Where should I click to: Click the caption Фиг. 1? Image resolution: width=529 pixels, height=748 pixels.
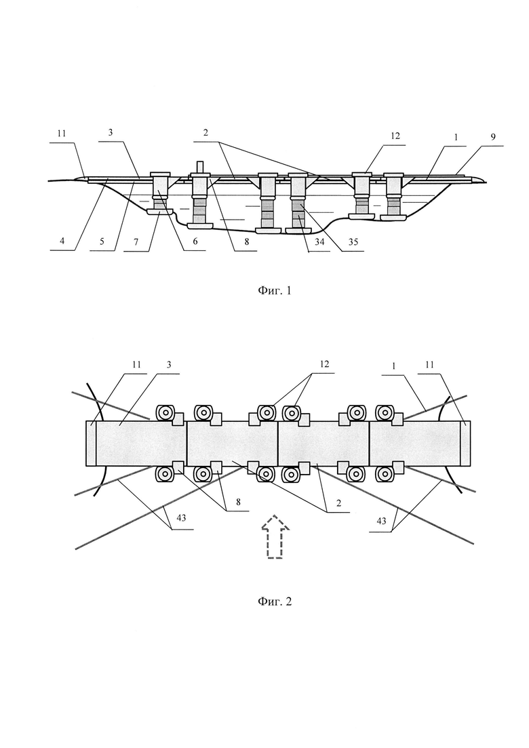pyautogui.click(x=274, y=290)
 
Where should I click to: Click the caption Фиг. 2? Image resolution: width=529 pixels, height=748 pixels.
pyautogui.click(x=274, y=601)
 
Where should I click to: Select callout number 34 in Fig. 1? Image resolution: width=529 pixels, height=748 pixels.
pyautogui.click(x=319, y=242)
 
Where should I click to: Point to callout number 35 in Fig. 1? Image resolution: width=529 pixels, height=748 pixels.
pyautogui.click(x=353, y=242)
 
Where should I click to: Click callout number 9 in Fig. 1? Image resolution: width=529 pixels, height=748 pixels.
pyautogui.click(x=493, y=137)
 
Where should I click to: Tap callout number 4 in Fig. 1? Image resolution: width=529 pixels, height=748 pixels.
pyautogui.click(x=62, y=242)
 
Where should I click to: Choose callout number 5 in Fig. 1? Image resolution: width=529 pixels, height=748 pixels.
pyautogui.click(x=102, y=242)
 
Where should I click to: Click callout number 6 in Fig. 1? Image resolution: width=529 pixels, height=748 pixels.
pyautogui.click(x=195, y=242)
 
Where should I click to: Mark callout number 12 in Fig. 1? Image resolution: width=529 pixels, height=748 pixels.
pyautogui.click(x=395, y=136)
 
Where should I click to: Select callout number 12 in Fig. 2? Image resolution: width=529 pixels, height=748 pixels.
pyautogui.click(x=324, y=364)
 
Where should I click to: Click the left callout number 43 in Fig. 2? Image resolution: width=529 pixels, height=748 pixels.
pyautogui.click(x=181, y=519)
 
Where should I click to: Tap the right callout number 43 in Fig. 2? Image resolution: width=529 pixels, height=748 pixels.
pyautogui.click(x=381, y=521)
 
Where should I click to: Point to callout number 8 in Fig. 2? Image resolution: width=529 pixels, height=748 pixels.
pyautogui.click(x=237, y=502)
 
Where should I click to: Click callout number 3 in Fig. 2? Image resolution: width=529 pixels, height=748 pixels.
pyautogui.click(x=169, y=365)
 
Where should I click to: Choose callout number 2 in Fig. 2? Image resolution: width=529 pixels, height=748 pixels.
pyautogui.click(x=339, y=503)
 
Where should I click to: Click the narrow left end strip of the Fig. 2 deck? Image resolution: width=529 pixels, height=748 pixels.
pyautogui.click(x=91, y=443)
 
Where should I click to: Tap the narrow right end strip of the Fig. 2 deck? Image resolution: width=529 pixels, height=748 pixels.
pyautogui.click(x=465, y=443)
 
